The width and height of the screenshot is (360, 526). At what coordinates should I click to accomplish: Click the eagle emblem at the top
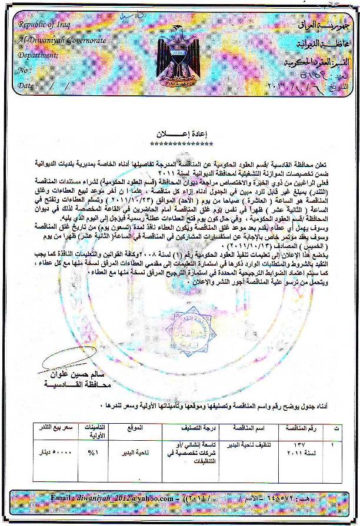[x=179, y=59]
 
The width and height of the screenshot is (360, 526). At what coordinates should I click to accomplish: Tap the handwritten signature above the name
[x=65, y=356]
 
